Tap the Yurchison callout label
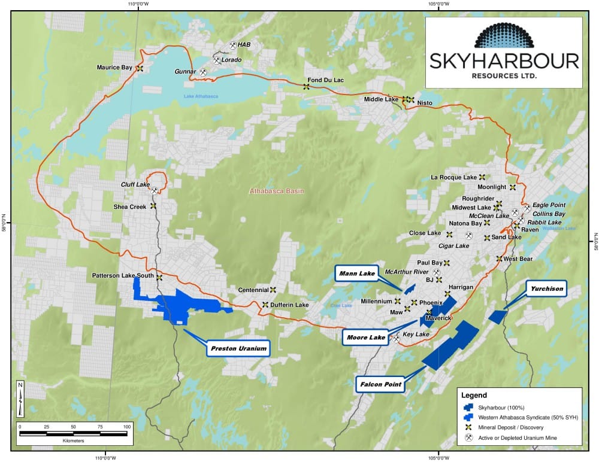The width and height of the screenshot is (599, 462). pos(547,289)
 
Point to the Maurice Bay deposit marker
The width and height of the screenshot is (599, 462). pos(140,68)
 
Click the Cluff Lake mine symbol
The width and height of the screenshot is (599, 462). pos(155,191)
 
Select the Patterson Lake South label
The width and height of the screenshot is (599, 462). pos(123,276)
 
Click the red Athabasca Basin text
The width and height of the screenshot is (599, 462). pos(277,192)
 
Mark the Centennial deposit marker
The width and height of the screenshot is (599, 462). pos(273,289)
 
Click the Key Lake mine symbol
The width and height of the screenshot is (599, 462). pos(396,339)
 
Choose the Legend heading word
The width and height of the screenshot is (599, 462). pos(474,396)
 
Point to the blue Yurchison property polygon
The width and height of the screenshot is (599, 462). pos(497,317)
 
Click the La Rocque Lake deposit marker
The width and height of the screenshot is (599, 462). pos(482,177)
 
